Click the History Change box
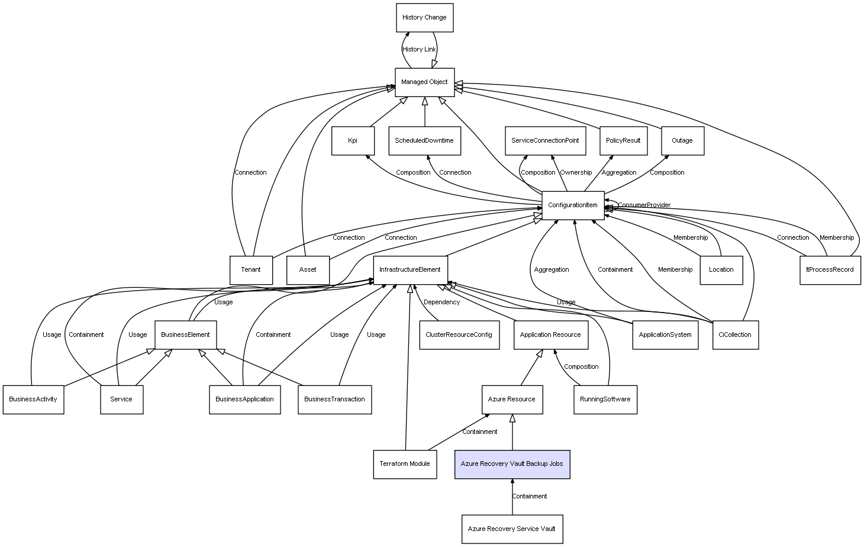[x=424, y=18]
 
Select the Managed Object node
[x=424, y=82]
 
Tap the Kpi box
[x=353, y=141]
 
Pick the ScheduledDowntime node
[x=424, y=141]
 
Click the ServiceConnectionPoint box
[x=545, y=141]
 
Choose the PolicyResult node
[x=623, y=141]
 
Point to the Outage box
[x=682, y=141]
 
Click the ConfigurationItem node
[x=573, y=205]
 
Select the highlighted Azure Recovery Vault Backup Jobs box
[x=512, y=464]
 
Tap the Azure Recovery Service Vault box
[x=512, y=529]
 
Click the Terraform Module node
[x=405, y=464]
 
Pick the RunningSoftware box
[x=605, y=400]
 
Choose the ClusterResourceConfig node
[x=459, y=335]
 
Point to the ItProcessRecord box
[x=830, y=270]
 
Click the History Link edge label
[x=419, y=50]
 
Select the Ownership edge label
[x=576, y=173]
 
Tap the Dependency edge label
[x=441, y=303]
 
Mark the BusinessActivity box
[x=33, y=400]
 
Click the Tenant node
[x=251, y=270]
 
